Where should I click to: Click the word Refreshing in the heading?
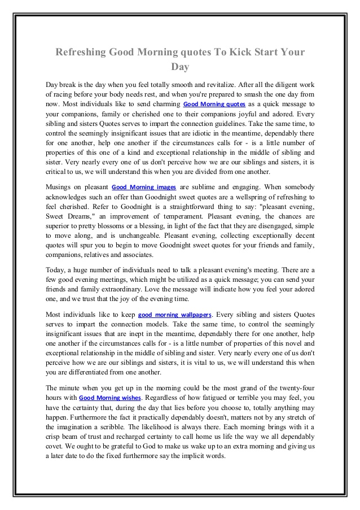[81, 52]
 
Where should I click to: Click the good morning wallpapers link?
[175, 315]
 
